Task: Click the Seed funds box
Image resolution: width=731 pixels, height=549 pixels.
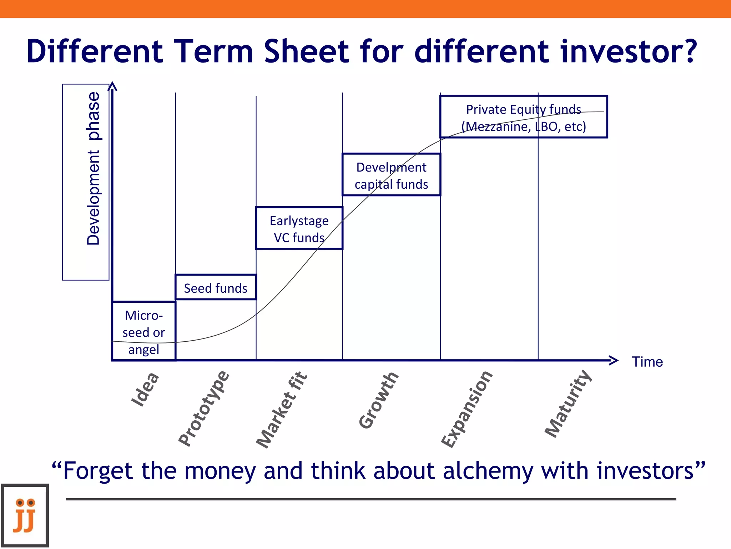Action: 216,287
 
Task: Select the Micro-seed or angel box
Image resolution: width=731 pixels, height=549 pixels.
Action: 144,331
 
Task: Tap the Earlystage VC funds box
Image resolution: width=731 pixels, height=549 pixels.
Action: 299,228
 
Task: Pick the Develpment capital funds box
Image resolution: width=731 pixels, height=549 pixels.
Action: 391,174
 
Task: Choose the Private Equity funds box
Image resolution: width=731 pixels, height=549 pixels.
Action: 524,117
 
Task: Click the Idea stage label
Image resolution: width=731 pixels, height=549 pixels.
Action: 145,389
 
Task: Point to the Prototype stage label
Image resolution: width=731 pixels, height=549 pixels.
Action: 203,408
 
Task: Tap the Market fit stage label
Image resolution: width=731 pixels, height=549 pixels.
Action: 282,410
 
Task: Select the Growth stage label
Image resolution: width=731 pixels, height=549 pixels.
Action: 378,400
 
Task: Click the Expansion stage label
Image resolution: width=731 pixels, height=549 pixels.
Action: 467,409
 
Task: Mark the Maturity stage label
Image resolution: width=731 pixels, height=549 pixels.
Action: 568,404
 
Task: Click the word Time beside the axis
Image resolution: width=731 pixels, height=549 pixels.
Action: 647,362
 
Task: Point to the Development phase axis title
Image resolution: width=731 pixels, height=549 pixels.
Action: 94,168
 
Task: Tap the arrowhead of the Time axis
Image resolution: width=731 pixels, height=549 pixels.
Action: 614,360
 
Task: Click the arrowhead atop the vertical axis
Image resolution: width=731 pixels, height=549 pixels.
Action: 112,86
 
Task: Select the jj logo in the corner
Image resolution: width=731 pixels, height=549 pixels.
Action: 25,515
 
